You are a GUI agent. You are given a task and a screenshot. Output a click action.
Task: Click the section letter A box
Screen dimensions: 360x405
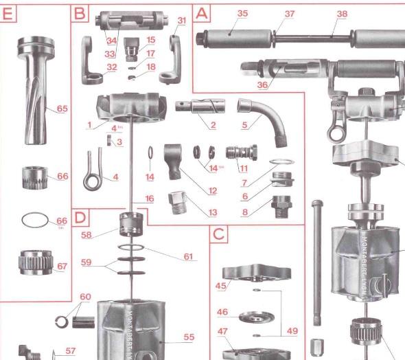pyautogui.click(x=202, y=13)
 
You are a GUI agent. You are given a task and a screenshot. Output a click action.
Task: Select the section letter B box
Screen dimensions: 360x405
pyautogui.click(x=80, y=13)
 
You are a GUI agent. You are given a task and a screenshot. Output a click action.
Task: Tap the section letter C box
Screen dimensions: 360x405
pyautogui.click(x=218, y=234)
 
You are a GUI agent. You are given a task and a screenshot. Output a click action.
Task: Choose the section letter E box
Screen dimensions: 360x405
pyautogui.click(x=8, y=13)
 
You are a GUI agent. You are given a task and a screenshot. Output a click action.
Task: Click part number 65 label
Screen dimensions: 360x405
pyautogui.click(x=62, y=109)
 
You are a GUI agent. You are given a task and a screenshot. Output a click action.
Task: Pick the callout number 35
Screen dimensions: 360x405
pyautogui.click(x=242, y=14)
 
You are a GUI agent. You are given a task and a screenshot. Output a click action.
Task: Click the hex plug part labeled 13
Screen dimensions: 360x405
pyautogui.click(x=178, y=203)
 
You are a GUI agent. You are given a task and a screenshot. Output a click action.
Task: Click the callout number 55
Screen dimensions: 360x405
pyautogui.click(x=187, y=337)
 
